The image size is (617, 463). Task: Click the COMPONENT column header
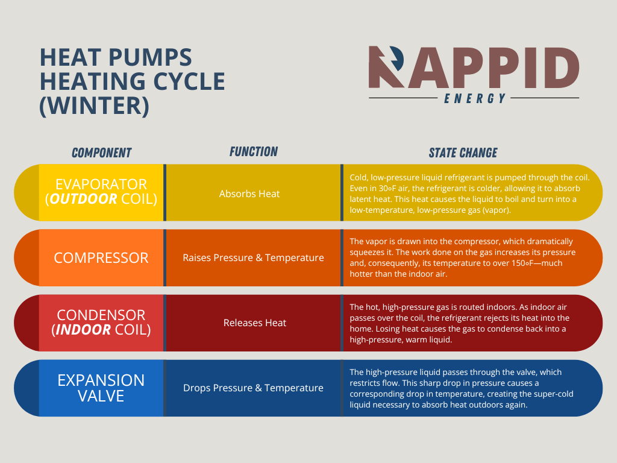(101, 153)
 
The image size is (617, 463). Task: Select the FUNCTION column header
(254, 152)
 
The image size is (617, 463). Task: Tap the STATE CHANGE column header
(463, 153)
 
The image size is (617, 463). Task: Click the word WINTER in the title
(93, 106)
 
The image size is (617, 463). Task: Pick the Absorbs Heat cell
(249, 194)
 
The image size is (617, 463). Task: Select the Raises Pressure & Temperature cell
(253, 257)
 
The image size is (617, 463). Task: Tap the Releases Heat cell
(255, 323)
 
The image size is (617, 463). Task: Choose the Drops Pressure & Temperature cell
(253, 388)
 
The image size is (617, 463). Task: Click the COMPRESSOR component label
(101, 257)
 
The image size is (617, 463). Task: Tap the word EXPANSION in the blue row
(101, 380)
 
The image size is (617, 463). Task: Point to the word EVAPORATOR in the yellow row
(101, 184)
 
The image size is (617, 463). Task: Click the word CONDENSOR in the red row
(101, 315)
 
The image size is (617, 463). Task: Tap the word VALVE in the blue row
(101, 395)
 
